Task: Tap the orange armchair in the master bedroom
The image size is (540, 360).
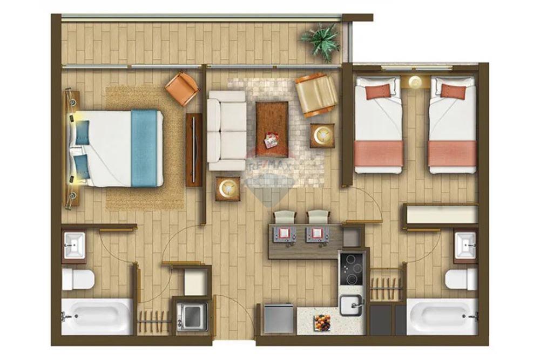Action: coord(182,88)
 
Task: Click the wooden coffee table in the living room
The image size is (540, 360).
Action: coord(272,122)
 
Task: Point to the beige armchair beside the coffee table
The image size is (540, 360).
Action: coord(316,94)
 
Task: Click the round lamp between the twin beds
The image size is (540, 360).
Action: coord(415,82)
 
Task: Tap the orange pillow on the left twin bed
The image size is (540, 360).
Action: coord(377,91)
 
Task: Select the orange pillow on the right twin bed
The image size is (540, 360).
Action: coord(453,91)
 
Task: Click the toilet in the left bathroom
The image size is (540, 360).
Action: coord(78,279)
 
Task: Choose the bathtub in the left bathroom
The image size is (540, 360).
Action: coord(97,316)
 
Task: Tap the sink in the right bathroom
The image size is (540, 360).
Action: coord(465,246)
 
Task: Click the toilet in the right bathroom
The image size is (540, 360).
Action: coord(462,279)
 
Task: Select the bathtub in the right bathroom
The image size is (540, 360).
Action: coord(442,317)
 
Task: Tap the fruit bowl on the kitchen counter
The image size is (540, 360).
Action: coord(321,322)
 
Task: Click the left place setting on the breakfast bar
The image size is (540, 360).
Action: coord(283,234)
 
